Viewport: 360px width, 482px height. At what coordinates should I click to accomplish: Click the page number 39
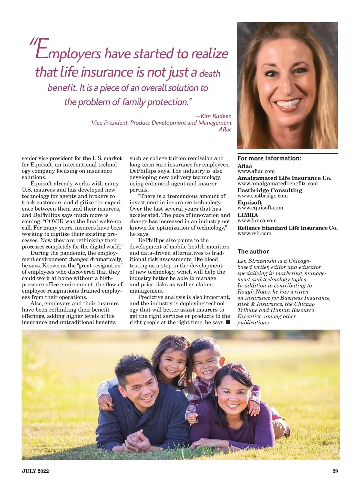(x=335, y=471)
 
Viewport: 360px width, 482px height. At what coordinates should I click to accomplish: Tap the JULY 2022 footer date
(x=35, y=471)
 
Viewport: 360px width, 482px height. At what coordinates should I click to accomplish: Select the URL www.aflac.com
(x=256, y=171)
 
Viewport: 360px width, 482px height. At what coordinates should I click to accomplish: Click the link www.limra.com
(x=257, y=221)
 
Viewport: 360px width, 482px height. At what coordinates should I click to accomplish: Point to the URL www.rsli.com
(x=254, y=233)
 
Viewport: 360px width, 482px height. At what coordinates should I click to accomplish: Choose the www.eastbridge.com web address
(x=262, y=196)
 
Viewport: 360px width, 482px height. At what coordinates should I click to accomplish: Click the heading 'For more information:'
(x=269, y=158)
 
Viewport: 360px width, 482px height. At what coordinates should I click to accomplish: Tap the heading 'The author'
(x=253, y=252)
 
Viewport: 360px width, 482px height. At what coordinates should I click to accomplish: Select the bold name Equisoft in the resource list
(x=250, y=203)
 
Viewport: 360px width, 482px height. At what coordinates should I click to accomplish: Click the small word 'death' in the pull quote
(x=210, y=74)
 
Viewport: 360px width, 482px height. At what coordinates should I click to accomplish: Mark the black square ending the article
(x=228, y=322)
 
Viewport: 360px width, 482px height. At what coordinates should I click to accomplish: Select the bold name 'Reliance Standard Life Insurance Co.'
(x=287, y=228)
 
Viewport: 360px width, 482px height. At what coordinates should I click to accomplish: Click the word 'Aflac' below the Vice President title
(x=225, y=129)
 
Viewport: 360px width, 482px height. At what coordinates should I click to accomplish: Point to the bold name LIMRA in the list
(x=247, y=215)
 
